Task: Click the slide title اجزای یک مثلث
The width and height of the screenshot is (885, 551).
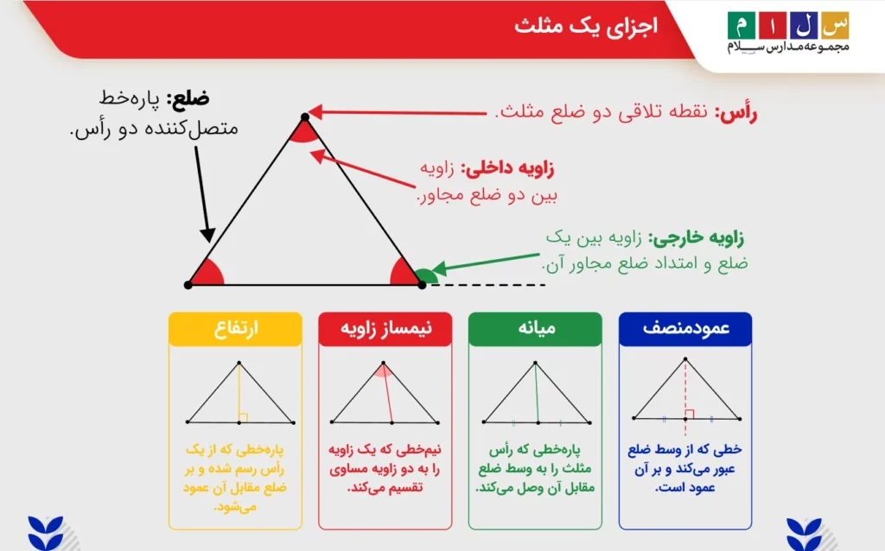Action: pyautogui.click(x=586, y=27)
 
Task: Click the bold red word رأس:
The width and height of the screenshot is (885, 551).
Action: pyautogui.click(x=736, y=112)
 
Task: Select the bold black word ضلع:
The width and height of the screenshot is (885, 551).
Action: pyautogui.click(x=188, y=98)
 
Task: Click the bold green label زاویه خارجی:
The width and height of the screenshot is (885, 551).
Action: pyautogui.click(x=696, y=238)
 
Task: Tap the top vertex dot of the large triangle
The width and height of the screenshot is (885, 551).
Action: pyautogui.click(x=305, y=117)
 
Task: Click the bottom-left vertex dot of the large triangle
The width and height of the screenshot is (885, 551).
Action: pyautogui.click(x=188, y=285)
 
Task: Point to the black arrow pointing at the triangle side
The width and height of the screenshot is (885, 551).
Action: pyautogui.click(x=203, y=194)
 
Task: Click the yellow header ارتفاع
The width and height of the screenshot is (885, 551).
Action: pyautogui.click(x=235, y=328)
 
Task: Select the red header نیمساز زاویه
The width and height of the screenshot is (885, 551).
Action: pyautogui.click(x=385, y=328)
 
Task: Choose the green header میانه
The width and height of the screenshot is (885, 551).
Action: pyautogui.click(x=535, y=328)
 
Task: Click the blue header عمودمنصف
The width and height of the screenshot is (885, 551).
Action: pyautogui.click(x=685, y=328)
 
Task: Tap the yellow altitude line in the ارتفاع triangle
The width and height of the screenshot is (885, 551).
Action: pyautogui.click(x=239, y=392)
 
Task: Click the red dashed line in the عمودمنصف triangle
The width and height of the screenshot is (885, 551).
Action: pyautogui.click(x=685, y=397)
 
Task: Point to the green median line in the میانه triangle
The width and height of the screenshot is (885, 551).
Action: pyautogui.click(x=537, y=392)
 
